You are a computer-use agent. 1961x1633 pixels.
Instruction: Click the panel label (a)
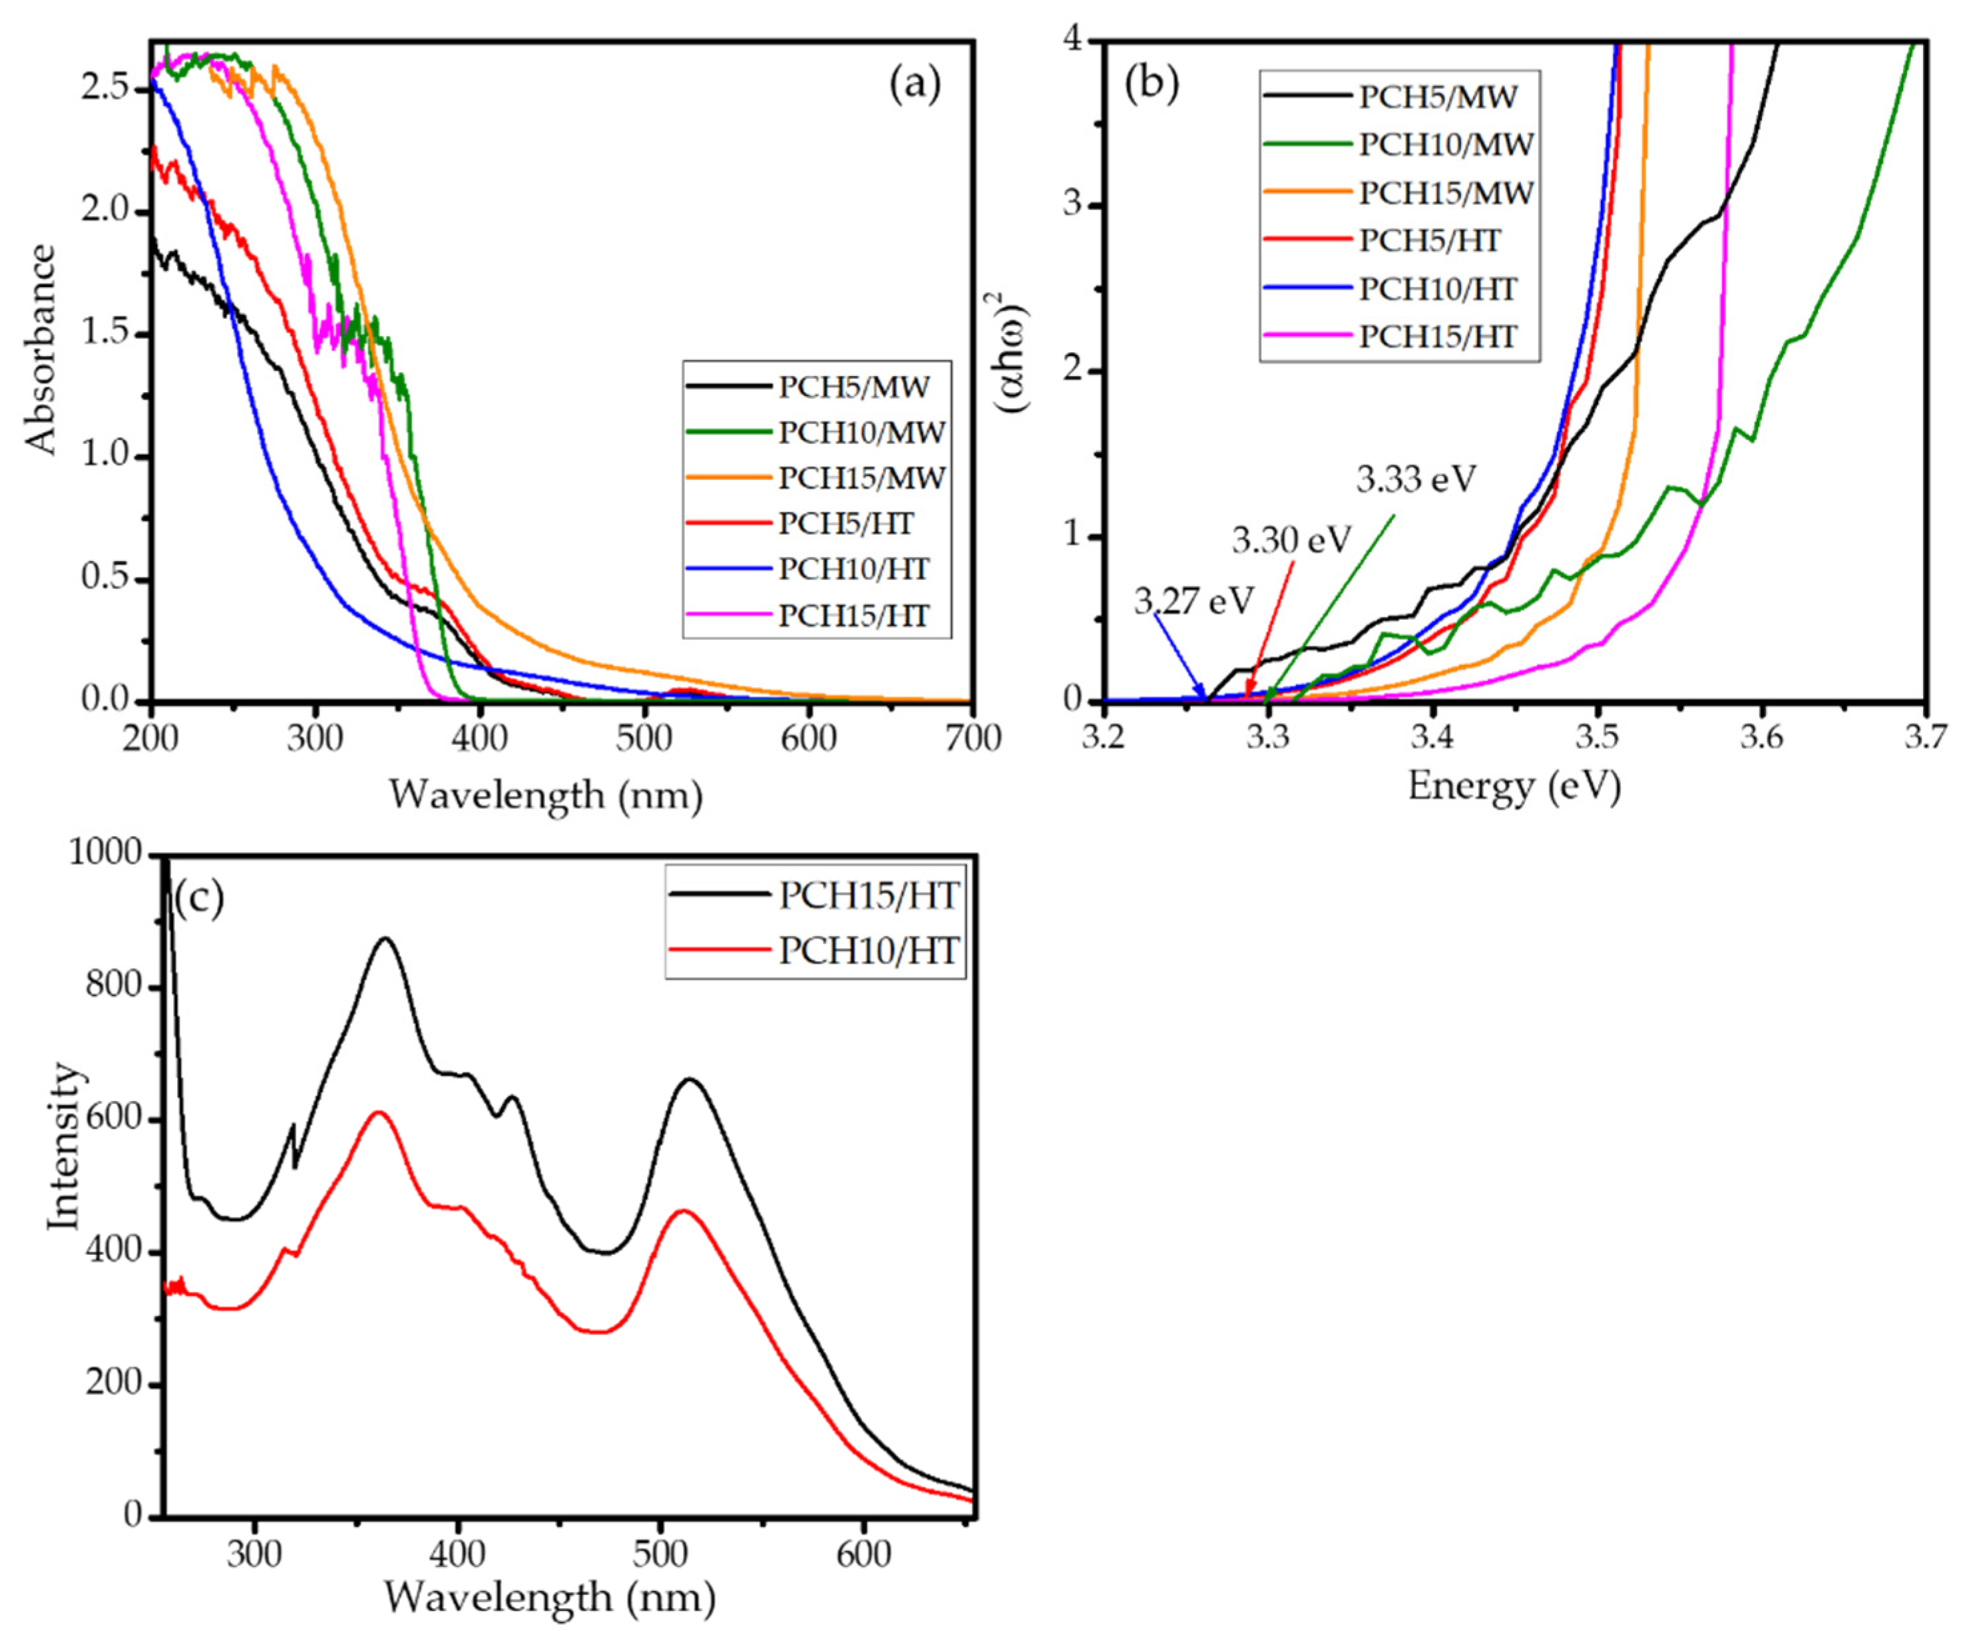(x=914, y=85)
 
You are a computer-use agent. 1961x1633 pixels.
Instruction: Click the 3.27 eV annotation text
(x=1194, y=601)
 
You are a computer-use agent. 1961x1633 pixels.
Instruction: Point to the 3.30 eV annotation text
(x=1291, y=540)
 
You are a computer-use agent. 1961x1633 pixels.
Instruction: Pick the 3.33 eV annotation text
(x=1416, y=479)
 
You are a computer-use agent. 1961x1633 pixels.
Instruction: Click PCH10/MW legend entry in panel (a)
(x=861, y=432)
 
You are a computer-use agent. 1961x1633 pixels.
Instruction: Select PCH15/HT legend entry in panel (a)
(x=853, y=615)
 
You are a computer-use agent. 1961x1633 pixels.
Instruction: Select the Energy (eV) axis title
(x=1514, y=786)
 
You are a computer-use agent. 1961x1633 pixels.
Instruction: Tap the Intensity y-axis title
(x=63, y=1146)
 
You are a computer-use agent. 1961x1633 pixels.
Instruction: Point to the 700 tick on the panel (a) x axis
(x=971, y=738)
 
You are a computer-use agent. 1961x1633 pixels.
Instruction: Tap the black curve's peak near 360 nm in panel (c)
(x=385, y=939)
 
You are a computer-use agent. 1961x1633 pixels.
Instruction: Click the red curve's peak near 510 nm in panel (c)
(x=682, y=1211)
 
